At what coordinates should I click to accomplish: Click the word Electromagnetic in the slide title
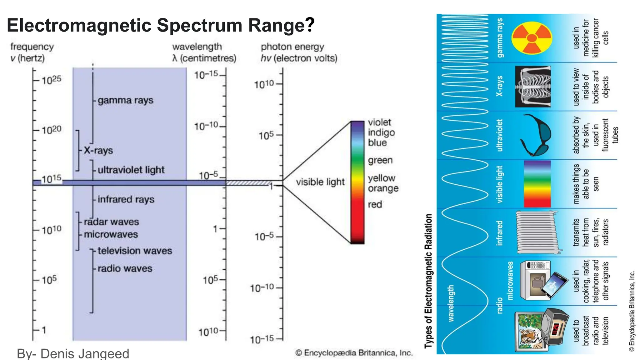(x=80, y=25)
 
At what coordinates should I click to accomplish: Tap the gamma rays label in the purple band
(x=125, y=100)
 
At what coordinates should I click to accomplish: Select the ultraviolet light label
(x=131, y=170)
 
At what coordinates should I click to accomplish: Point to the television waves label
(x=135, y=251)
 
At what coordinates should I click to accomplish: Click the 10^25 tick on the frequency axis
(x=51, y=80)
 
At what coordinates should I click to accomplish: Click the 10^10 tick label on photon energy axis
(x=264, y=84)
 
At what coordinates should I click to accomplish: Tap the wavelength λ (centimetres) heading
(x=204, y=52)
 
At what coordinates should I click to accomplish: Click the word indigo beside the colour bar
(x=381, y=132)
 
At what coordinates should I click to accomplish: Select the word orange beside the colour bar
(x=383, y=188)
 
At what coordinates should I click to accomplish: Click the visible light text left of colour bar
(x=320, y=182)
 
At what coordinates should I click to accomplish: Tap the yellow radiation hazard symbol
(x=532, y=38)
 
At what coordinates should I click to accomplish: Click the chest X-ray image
(x=532, y=87)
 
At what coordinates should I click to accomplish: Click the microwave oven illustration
(x=535, y=280)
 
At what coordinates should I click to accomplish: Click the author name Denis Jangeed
(x=85, y=353)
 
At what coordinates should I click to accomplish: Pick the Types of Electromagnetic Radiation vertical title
(x=428, y=281)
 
